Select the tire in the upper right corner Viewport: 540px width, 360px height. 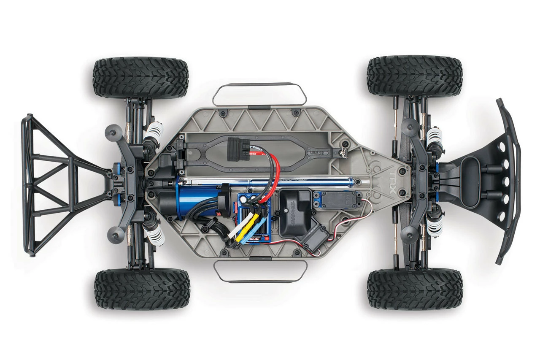pyautogui.click(x=415, y=76)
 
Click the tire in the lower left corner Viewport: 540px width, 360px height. pyautogui.click(x=142, y=289)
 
